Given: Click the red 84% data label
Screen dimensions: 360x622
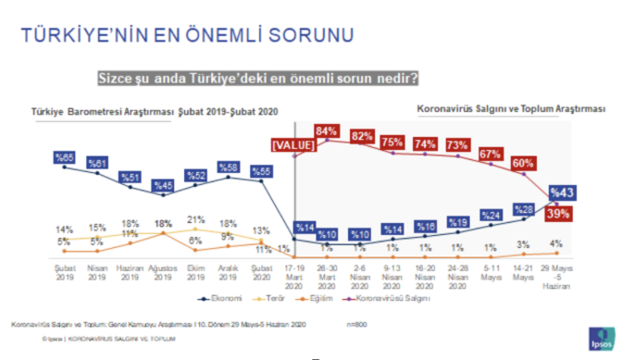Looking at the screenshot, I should [325, 130].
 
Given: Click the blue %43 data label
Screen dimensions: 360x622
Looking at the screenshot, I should [563, 192].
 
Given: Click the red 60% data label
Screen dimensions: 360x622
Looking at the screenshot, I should [523, 164].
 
